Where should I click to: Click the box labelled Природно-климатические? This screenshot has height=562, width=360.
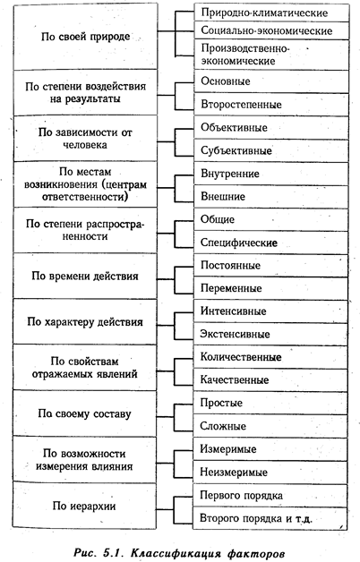tap(271, 13)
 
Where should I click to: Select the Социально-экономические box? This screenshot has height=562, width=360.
tap(271, 30)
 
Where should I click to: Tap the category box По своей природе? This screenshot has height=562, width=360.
tap(85, 37)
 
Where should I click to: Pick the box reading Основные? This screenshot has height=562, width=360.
tap(271, 81)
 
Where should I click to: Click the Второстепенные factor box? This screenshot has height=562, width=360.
tap(271, 105)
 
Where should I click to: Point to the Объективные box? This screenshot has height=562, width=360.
tap(271, 127)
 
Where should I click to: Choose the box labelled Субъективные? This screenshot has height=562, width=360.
tap(271, 150)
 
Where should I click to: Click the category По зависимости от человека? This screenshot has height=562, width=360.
tap(85, 139)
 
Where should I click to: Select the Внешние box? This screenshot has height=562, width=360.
tap(270, 196)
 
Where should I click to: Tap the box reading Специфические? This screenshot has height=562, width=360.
tap(270, 243)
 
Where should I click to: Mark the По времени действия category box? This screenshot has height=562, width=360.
tap(85, 276)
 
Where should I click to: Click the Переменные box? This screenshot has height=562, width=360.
tap(270, 288)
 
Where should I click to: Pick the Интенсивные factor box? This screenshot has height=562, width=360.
tap(270, 311)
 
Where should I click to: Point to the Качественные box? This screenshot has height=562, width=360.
tap(270, 380)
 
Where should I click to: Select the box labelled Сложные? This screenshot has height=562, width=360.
tap(270, 426)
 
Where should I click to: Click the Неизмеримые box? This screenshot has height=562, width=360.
tap(270, 472)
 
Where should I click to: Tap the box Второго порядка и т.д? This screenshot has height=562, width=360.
tap(270, 518)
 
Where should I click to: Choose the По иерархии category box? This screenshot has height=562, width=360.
tap(84, 506)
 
